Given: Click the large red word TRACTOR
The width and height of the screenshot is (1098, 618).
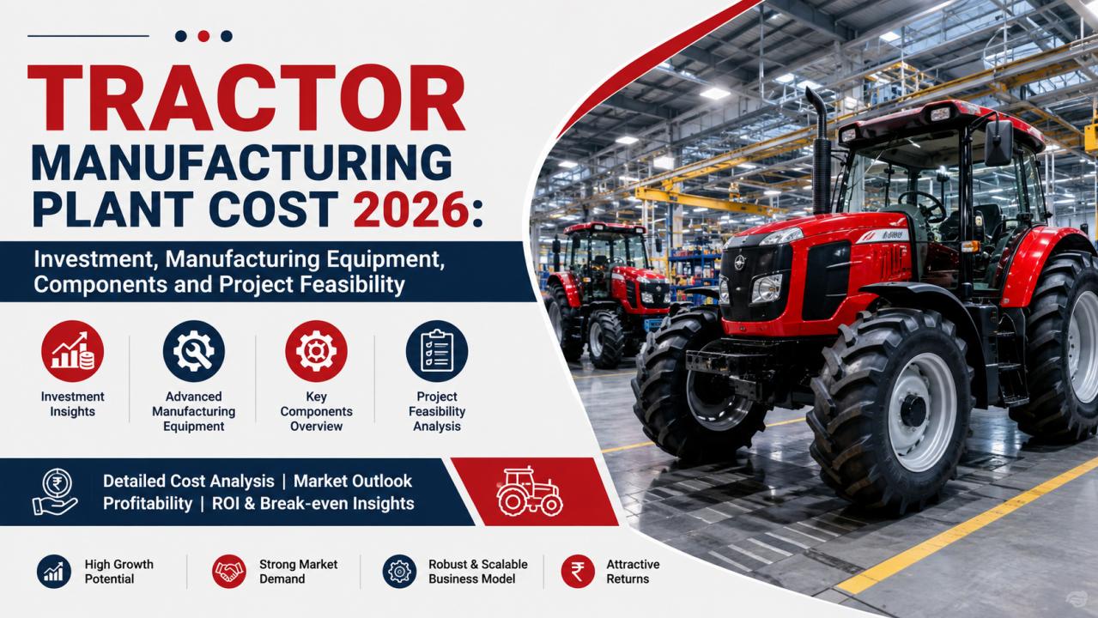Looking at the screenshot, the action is click(x=246, y=98).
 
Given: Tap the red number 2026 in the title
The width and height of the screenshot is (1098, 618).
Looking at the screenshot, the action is click(x=412, y=209).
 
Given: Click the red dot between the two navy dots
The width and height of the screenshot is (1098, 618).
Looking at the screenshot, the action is click(x=203, y=36).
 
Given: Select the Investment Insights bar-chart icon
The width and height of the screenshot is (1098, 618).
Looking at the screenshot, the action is click(x=73, y=351).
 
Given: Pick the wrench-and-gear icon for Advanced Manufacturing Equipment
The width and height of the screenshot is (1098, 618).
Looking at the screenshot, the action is click(x=194, y=351).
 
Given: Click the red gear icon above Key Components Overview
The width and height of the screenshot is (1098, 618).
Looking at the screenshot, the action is click(x=316, y=351).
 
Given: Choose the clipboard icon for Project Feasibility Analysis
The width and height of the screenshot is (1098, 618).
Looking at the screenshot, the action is click(x=437, y=351).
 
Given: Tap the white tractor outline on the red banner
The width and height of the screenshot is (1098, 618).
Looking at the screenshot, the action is click(x=529, y=492).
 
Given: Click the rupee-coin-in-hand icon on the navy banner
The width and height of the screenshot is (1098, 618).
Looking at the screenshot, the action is click(x=54, y=492).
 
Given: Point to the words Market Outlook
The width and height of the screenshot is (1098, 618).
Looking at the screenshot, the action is click(x=353, y=482).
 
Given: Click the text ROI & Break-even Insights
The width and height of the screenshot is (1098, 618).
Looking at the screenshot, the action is click(x=312, y=503).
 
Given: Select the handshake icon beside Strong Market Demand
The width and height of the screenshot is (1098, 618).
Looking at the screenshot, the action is click(x=229, y=572).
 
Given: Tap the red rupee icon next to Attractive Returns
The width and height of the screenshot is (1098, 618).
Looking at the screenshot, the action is click(x=578, y=572).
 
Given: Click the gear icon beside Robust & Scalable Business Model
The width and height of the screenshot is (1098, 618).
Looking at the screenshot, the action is click(x=399, y=572).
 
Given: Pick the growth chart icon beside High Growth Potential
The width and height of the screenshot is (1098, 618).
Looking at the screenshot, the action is click(x=54, y=572).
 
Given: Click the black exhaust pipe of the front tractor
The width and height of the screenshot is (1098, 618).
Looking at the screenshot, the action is click(x=820, y=152).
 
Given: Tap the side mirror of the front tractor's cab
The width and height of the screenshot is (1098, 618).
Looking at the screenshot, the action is click(x=998, y=142).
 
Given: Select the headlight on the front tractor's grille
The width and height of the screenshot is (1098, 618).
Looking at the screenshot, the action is click(x=767, y=288).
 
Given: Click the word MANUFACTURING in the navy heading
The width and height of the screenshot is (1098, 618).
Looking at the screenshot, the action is click(x=241, y=163).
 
